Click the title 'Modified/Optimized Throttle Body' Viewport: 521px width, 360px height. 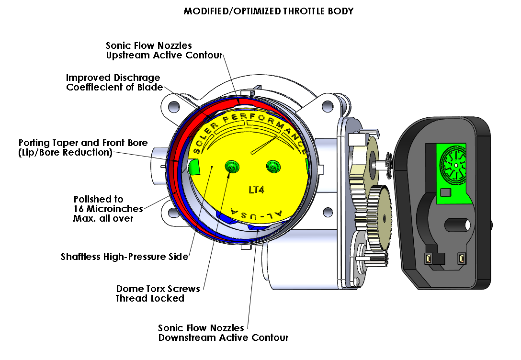[x=268, y=11]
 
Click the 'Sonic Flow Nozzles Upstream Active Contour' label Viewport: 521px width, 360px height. [x=164, y=50]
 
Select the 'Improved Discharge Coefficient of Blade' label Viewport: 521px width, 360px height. [x=114, y=82]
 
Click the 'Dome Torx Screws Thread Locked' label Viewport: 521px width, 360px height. [x=159, y=293]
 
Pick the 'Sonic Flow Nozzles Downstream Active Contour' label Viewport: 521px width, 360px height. [x=223, y=333]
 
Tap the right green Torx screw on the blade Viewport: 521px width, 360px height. [x=273, y=166]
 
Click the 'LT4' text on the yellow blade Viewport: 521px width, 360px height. [x=257, y=189]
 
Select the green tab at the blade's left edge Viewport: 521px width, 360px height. [x=194, y=167]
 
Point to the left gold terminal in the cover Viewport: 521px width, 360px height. [x=430, y=259]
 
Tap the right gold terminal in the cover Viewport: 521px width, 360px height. [x=462, y=259]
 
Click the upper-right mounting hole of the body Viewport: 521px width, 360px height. [x=327, y=105]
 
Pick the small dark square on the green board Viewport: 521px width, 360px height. [x=445, y=192]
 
